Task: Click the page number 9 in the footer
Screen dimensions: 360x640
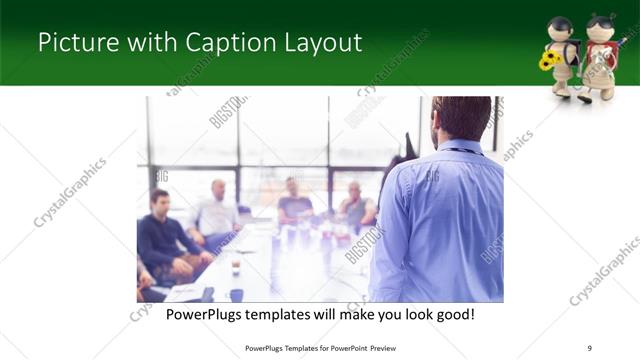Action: pyautogui.click(x=590, y=347)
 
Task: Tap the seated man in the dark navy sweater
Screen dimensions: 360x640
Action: pyautogui.click(x=165, y=235)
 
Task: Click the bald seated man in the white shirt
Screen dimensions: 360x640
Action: pyautogui.click(x=219, y=213)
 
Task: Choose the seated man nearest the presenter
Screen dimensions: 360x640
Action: pyautogui.click(x=357, y=206)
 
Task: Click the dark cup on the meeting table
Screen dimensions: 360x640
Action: pyautogui.click(x=236, y=294)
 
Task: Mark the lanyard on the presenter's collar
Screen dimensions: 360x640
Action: pyautogui.click(x=461, y=151)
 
